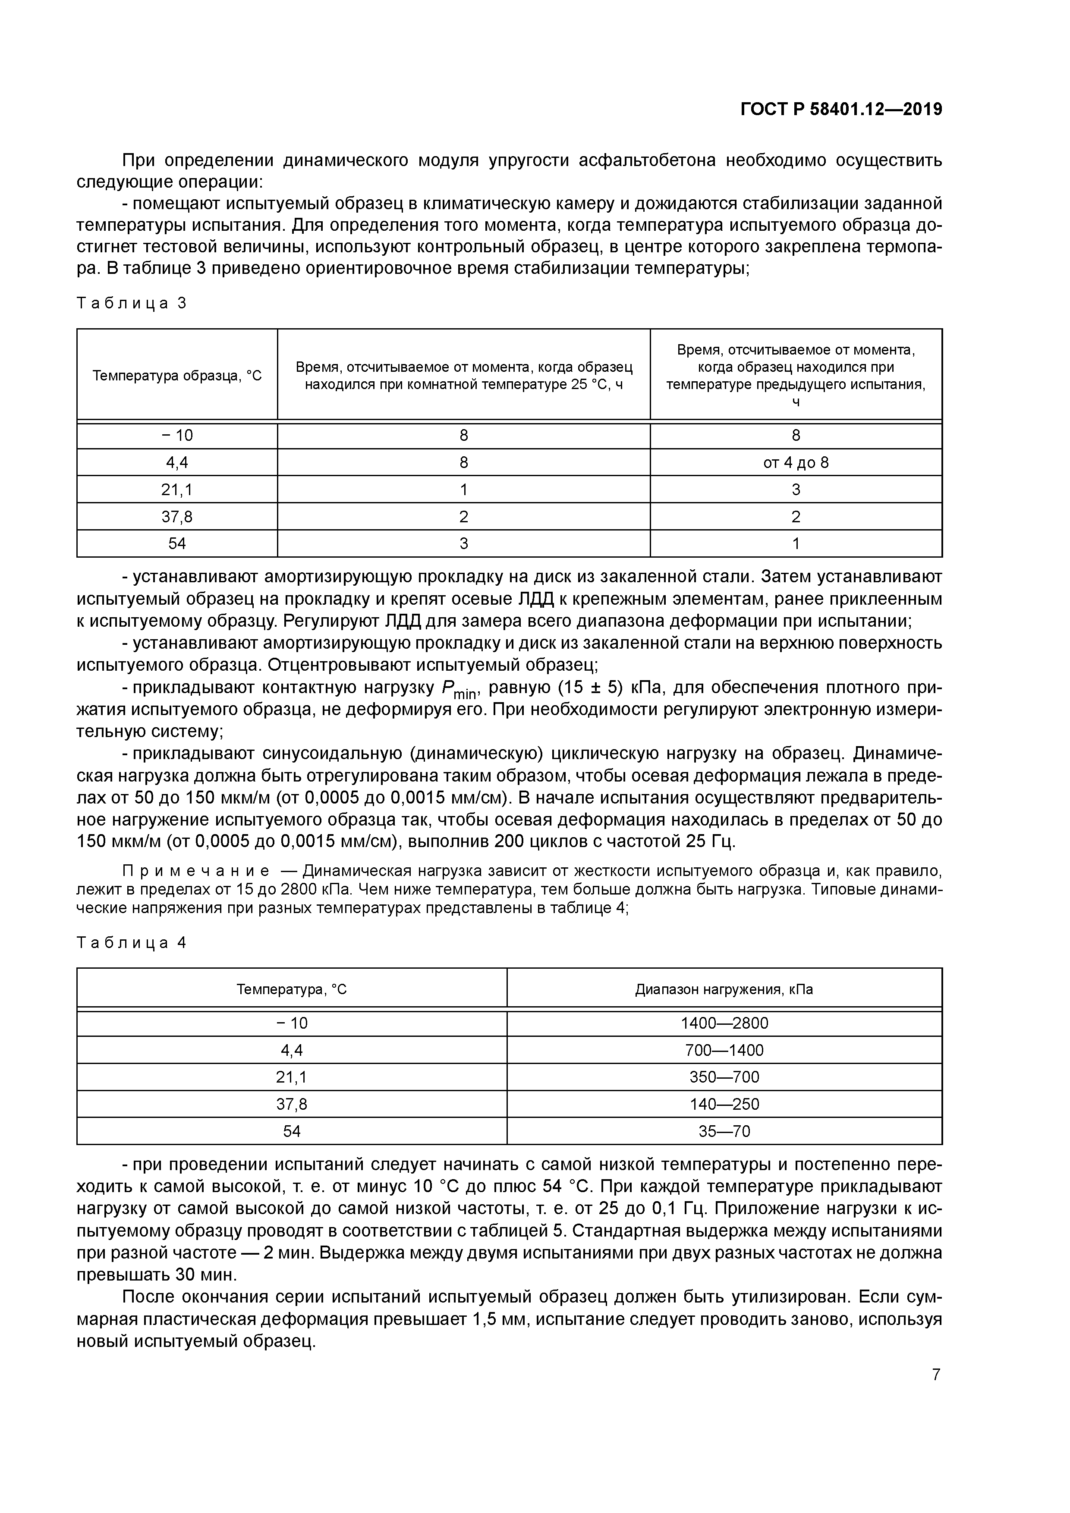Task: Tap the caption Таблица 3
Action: (x=132, y=303)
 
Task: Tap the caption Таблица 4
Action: (x=132, y=943)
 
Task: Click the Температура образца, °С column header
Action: (x=177, y=376)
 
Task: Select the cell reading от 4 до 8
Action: (x=795, y=463)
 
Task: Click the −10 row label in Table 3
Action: (x=177, y=436)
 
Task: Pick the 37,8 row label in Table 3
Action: (x=177, y=517)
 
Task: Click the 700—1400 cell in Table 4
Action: (x=724, y=1050)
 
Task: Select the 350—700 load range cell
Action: (x=724, y=1077)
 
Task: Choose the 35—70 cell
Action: (x=724, y=1131)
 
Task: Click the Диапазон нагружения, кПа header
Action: (x=724, y=990)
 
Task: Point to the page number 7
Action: (x=935, y=1375)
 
